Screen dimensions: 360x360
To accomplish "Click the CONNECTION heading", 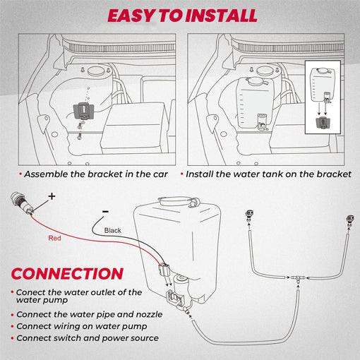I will (68, 273).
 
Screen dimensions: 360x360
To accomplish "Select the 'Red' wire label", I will (55, 239).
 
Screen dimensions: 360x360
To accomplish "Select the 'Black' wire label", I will (113, 230).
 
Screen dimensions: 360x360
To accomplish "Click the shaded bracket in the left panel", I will (83, 110).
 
